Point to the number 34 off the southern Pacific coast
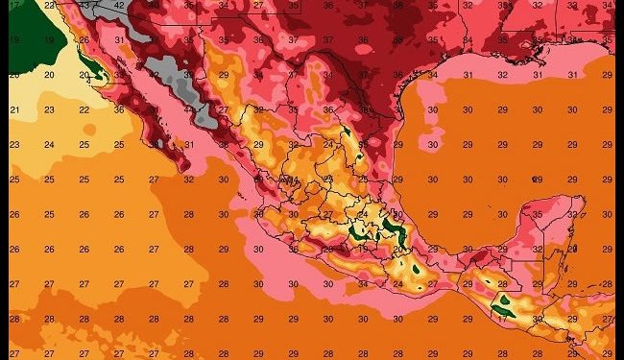(x=364, y=284)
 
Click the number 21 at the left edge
(x=14, y=110)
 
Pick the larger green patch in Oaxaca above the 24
(x=417, y=270)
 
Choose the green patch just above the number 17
(x=501, y=307)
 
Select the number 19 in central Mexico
(x=364, y=249)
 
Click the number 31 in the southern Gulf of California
(x=191, y=145)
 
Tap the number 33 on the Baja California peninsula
(x=119, y=75)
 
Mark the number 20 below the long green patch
(x=398, y=249)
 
